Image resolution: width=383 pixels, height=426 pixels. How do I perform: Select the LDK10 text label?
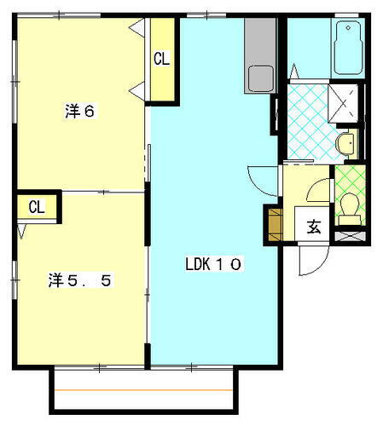point(214,264)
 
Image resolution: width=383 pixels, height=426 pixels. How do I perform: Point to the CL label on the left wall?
point(36,207)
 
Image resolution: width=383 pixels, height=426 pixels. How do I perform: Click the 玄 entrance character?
point(314,227)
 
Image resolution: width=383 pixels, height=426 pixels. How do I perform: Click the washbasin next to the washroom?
point(345,143)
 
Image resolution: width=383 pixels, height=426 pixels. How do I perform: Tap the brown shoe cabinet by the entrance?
point(273,223)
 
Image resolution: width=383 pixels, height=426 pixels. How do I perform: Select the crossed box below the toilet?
point(349,235)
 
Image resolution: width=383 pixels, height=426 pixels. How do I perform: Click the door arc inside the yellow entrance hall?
point(317,192)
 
